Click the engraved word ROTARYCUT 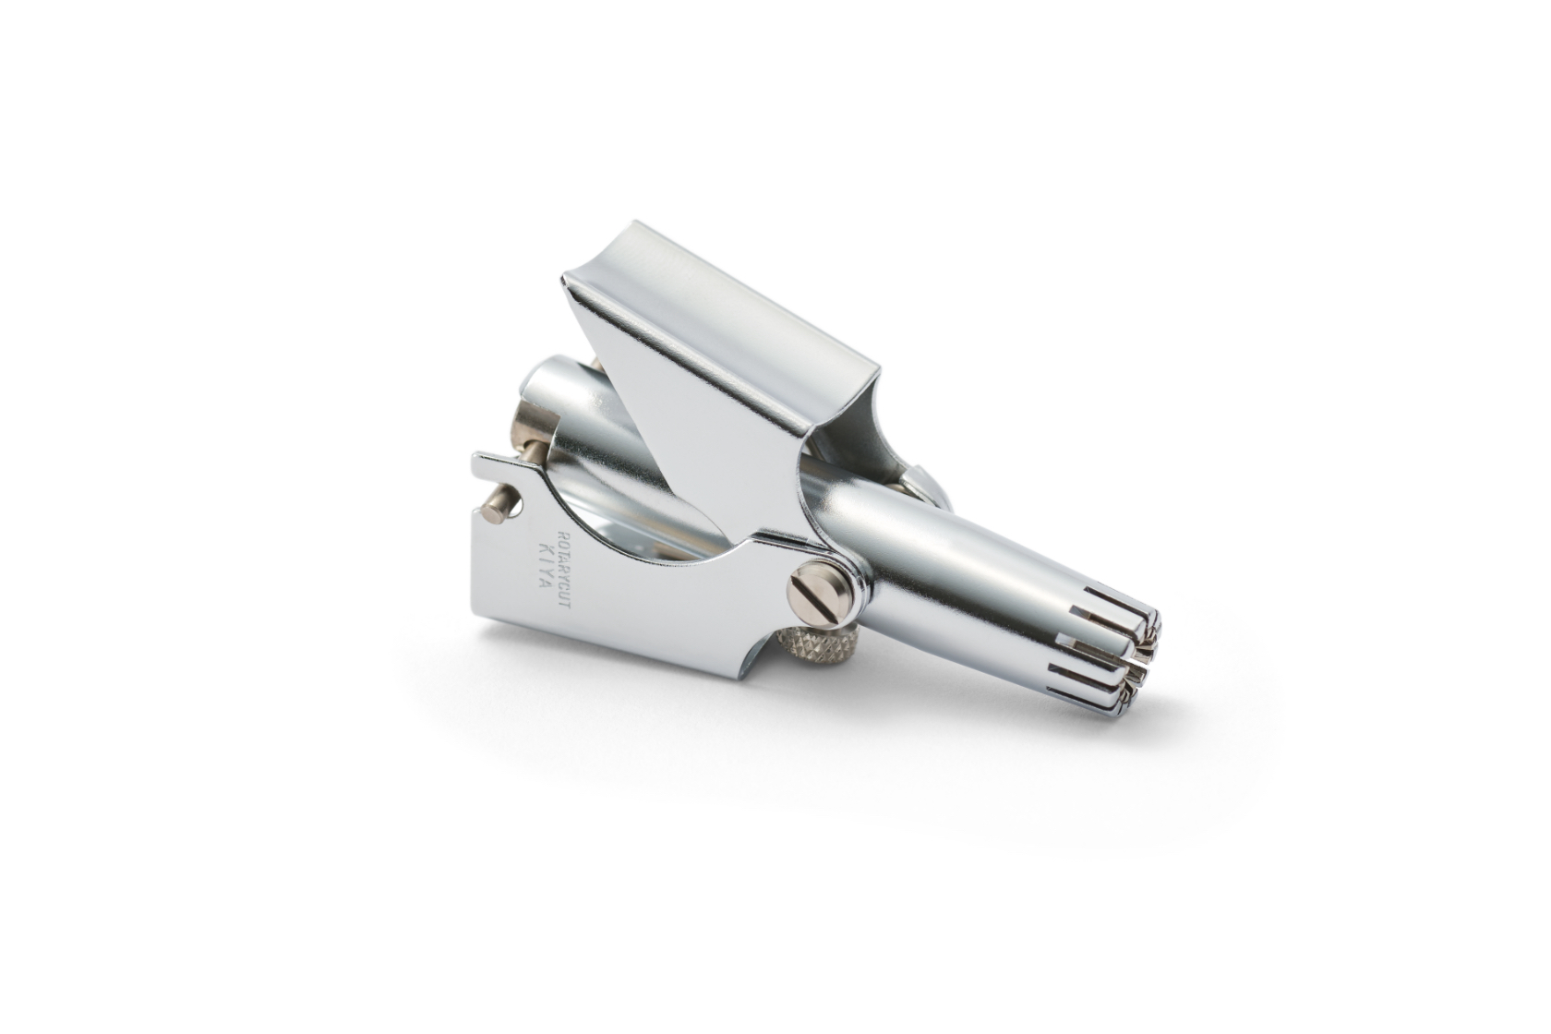tap(563, 569)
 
